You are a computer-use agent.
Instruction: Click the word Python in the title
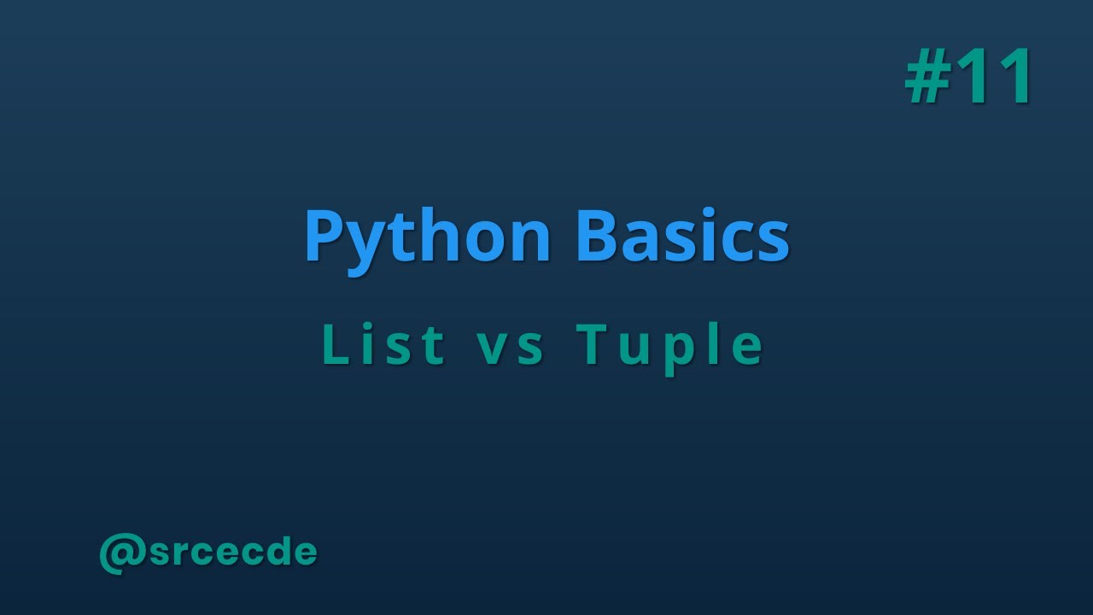coord(427,237)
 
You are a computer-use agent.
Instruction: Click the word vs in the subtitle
coord(511,346)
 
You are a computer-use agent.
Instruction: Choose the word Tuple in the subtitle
coord(669,346)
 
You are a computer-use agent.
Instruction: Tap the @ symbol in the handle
coord(121,553)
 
